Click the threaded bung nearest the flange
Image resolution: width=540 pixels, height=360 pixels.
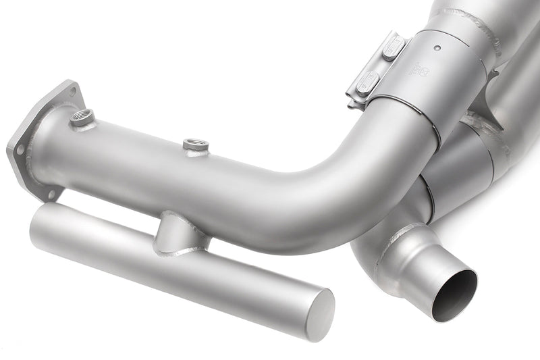(83, 119)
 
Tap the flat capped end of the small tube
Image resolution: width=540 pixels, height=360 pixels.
(319, 313)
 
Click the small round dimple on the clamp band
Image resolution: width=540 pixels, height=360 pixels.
(438, 48)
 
